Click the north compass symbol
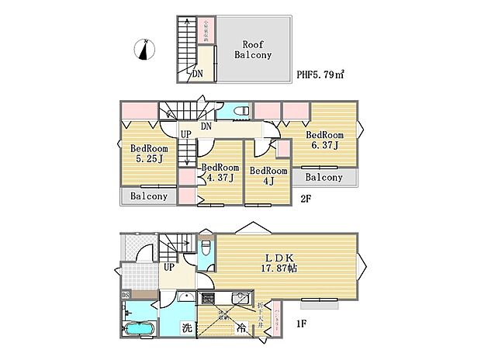pyautogui.click(x=142, y=49)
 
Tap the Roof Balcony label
pyautogui.click(x=254, y=50)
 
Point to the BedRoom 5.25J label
pyautogui.click(x=148, y=154)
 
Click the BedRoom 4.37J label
pyautogui.click(x=220, y=172)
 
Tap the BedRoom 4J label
pyautogui.click(x=268, y=176)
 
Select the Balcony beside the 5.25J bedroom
pyautogui.click(x=148, y=196)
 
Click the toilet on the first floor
pyautogui.click(x=204, y=247)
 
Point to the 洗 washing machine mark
pyautogui.click(x=187, y=327)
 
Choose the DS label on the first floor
pyautogui.click(x=126, y=296)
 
